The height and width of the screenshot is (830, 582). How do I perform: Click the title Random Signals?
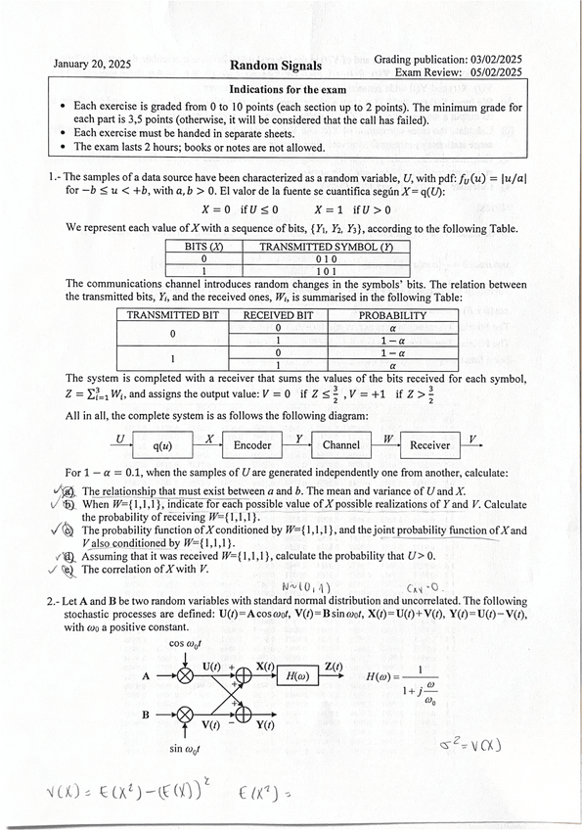[274, 66]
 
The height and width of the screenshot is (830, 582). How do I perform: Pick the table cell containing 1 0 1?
[311, 271]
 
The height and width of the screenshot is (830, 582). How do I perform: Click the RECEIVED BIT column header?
[278, 316]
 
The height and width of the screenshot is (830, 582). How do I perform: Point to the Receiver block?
[429, 444]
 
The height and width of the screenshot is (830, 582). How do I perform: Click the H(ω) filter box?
[298, 675]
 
